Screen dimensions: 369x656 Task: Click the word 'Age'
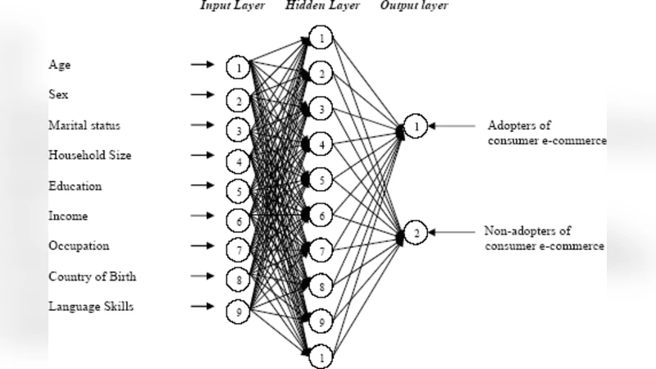tap(60, 65)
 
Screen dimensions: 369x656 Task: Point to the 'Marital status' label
tap(84, 125)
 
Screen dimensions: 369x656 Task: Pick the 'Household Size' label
tap(89, 156)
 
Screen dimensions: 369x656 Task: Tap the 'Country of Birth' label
tap(92, 276)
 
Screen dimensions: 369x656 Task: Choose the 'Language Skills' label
tap(90, 307)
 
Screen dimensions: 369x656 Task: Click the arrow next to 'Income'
tap(201, 216)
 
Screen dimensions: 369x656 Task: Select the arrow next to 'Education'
tap(201, 185)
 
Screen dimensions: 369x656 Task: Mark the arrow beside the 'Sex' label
tap(201, 95)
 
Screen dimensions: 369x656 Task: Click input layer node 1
tap(239, 66)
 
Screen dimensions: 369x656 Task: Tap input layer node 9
tap(239, 310)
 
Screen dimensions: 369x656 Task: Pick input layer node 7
tap(239, 249)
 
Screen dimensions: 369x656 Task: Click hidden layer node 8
tap(323, 287)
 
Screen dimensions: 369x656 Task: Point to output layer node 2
tap(416, 234)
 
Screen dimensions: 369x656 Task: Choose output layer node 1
tap(416, 128)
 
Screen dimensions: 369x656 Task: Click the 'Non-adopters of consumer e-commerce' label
tap(544, 238)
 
